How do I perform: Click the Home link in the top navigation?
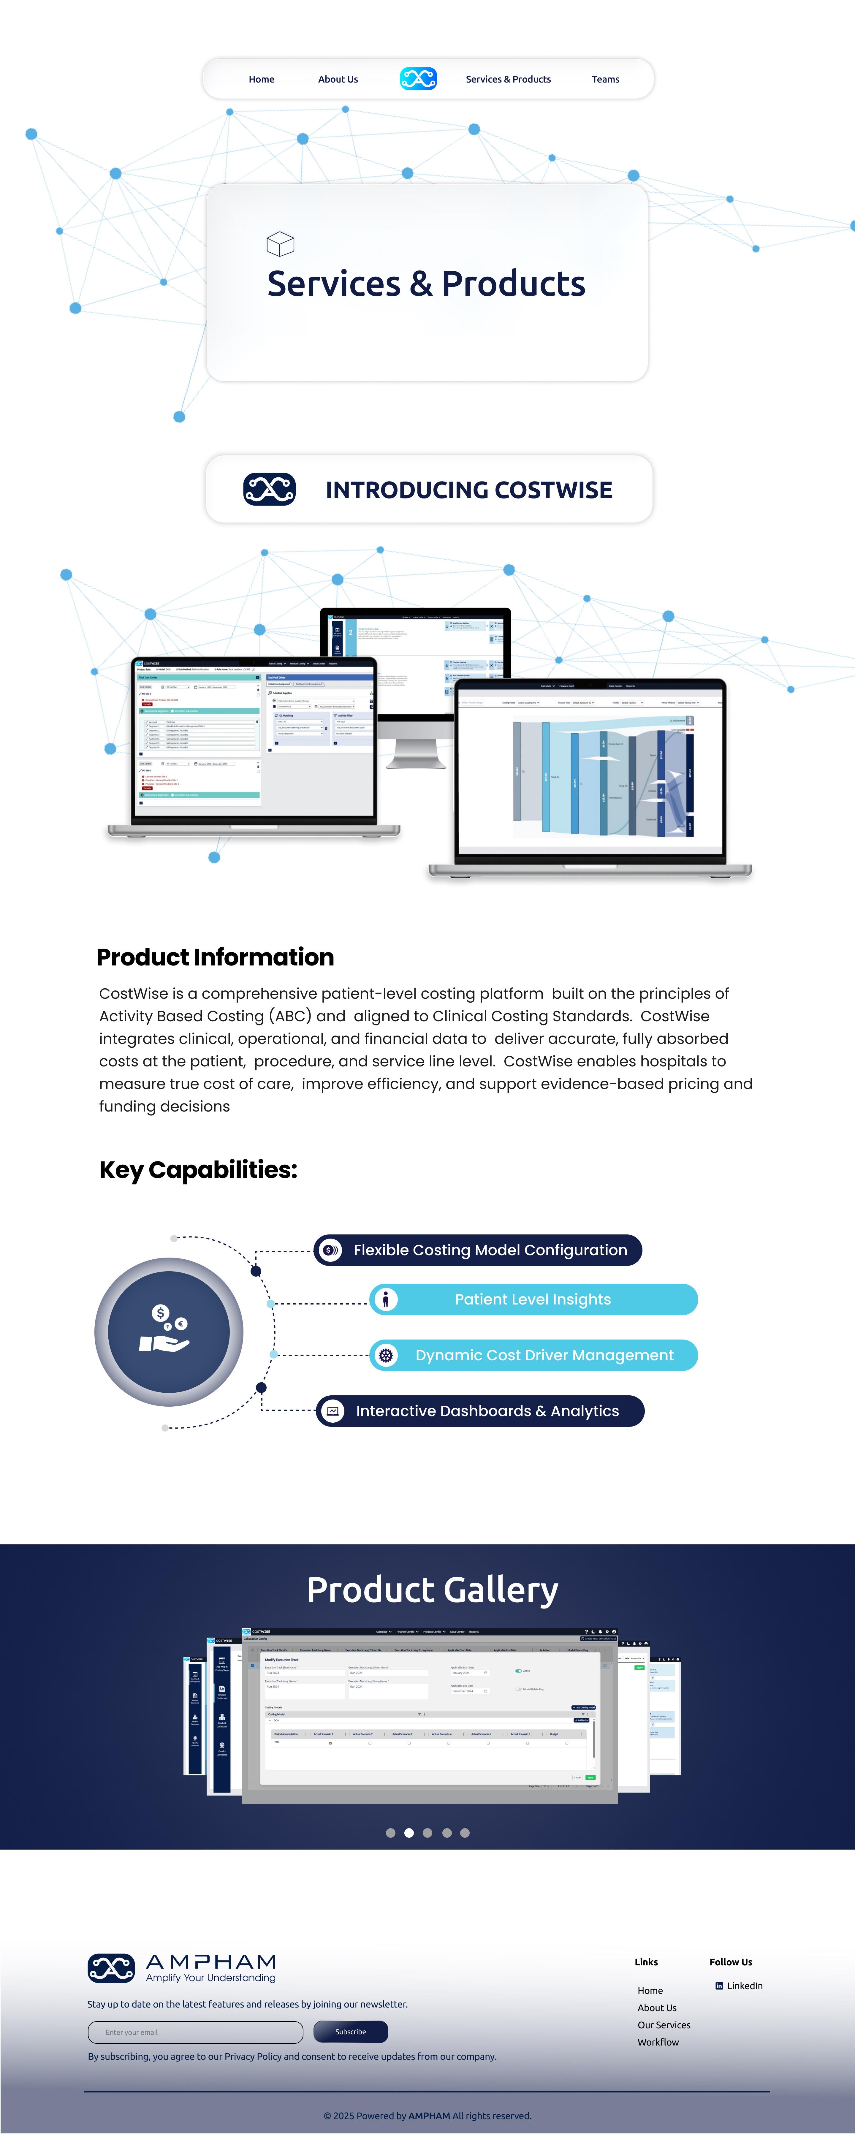click(x=261, y=80)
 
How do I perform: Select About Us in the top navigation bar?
click(x=338, y=80)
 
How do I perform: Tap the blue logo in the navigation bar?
click(x=418, y=79)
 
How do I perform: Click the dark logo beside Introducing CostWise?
click(x=269, y=489)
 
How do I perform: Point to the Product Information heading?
click(x=215, y=957)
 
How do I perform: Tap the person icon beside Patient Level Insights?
click(x=385, y=1299)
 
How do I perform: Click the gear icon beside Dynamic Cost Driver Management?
click(x=385, y=1355)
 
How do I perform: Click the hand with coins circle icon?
click(x=169, y=1331)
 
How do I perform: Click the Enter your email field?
click(x=196, y=2032)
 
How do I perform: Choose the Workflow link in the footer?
click(x=658, y=2042)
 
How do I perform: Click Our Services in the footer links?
click(x=664, y=2025)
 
